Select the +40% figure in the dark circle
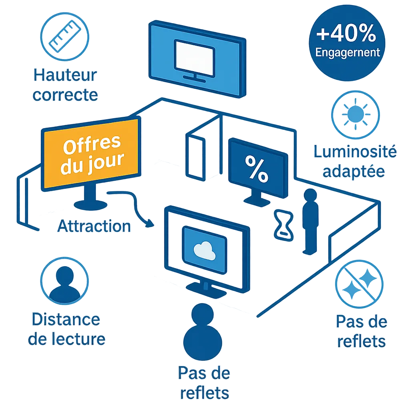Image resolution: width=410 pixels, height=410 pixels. (x=347, y=34)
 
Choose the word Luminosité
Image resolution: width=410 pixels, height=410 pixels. (x=355, y=152)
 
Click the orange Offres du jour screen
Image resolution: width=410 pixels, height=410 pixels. (x=91, y=154)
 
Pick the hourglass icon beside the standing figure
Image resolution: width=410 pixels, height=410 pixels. (x=283, y=226)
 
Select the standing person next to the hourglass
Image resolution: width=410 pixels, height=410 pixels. (x=310, y=220)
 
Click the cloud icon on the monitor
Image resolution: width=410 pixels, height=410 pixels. (x=204, y=250)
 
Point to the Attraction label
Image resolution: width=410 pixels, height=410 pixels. (x=94, y=226)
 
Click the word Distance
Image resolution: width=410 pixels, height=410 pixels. (x=66, y=320)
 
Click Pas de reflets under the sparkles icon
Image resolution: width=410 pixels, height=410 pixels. (x=361, y=332)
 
